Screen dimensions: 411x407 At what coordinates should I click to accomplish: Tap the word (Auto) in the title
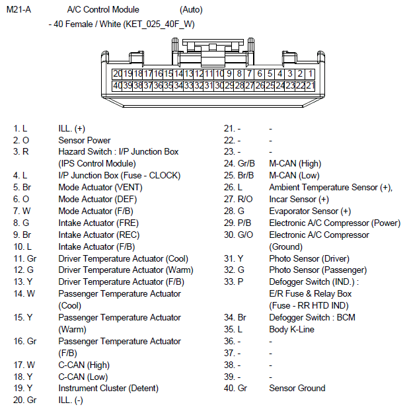(x=191, y=10)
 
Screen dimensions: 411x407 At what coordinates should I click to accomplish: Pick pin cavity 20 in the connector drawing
(x=118, y=74)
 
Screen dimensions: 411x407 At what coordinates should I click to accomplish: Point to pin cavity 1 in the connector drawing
(x=310, y=74)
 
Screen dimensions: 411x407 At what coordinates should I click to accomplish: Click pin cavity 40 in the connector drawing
(x=118, y=86)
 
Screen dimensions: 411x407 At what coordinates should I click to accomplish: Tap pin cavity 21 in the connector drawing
(x=310, y=86)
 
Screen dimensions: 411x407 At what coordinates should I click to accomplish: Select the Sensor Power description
(x=85, y=140)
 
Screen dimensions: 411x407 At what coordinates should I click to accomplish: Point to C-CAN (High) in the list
(x=84, y=364)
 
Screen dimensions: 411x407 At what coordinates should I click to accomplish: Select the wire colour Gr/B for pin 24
(x=246, y=164)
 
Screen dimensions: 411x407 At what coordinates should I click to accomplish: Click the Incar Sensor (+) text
(x=299, y=199)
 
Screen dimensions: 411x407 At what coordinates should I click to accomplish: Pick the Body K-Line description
(x=291, y=329)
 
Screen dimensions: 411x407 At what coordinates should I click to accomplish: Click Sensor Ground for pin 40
(x=297, y=388)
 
